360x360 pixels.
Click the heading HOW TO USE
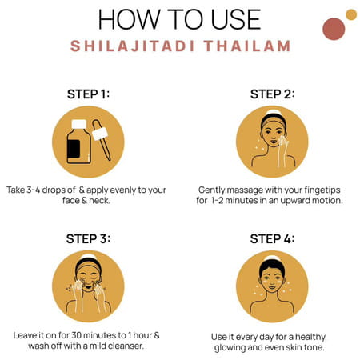tap(179, 19)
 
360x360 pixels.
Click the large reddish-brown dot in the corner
tap(333, 29)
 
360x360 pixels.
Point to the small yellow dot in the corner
tap(350, 14)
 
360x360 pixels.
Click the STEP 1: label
tap(88, 94)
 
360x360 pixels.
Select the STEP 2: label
tap(272, 94)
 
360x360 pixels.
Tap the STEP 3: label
tap(88, 238)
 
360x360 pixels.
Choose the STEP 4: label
tap(272, 238)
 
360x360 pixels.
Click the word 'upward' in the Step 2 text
tap(298, 200)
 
